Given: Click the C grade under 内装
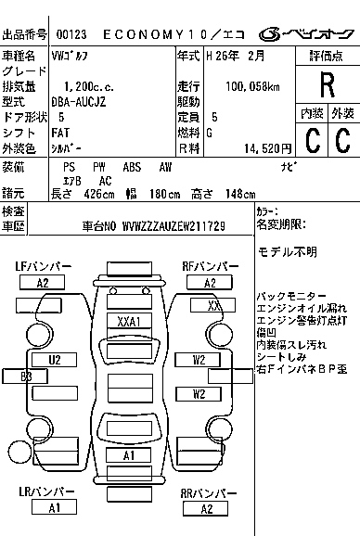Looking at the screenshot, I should [x=311, y=140].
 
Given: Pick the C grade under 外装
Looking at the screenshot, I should [x=341, y=140].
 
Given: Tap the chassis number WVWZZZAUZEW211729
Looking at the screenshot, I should [x=166, y=226].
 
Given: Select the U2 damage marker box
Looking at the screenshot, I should [x=55, y=359].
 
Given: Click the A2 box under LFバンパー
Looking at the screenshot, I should [x=42, y=282].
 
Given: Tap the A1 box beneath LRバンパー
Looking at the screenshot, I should [x=55, y=507].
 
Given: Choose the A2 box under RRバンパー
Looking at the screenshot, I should [x=206, y=508].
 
